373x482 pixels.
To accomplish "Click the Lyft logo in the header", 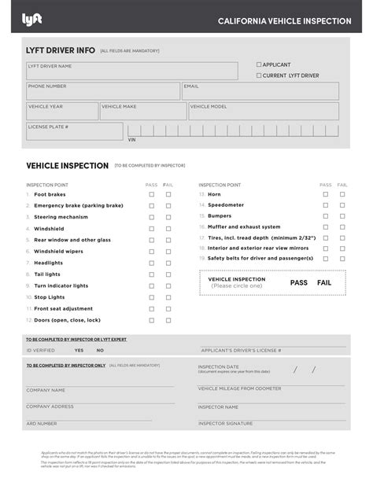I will coord(31,19).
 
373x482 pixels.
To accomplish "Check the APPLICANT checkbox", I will coord(259,64).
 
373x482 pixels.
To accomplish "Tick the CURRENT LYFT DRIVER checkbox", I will coord(259,75).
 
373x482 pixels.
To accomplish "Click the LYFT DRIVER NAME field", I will coord(131,72).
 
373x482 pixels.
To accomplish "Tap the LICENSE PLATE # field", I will coord(74,131).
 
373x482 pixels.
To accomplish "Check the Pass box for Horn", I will coord(326,193).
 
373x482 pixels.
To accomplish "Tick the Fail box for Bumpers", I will coord(342,215).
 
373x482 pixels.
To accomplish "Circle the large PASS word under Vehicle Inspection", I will coord(298,282).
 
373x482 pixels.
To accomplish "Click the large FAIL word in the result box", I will coord(324,282).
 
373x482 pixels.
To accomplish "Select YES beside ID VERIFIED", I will coord(79,350).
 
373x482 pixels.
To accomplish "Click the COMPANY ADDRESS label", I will coord(50,407).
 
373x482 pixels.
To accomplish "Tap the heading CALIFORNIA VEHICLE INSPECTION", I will coord(284,21).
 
